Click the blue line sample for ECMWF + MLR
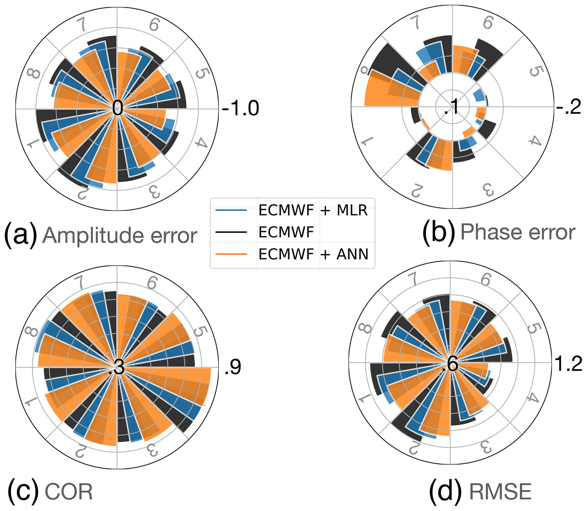[231, 210]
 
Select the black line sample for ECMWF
[231, 232]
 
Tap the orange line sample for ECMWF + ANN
[231, 254]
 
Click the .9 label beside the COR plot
[233, 367]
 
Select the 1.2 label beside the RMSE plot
[569, 364]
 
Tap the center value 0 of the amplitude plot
[117, 108]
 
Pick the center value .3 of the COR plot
[117, 367]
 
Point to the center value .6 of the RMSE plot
[450, 364]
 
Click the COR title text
[69, 492]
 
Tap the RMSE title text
[500, 492]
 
